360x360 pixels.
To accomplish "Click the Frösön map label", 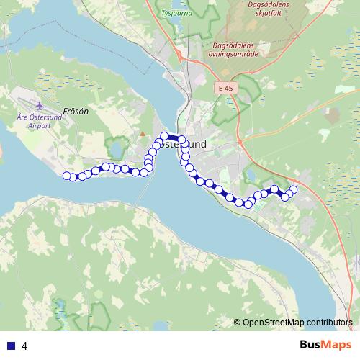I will (x=75, y=112).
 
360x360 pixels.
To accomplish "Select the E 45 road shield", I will (x=225, y=88).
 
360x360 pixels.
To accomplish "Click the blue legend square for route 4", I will (x=10, y=346).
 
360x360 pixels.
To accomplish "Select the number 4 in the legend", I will (x=24, y=346).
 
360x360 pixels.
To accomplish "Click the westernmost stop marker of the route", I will (x=66, y=175).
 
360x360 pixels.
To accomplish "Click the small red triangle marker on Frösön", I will (x=143, y=134).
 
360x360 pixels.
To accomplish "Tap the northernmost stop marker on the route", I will (x=164, y=135).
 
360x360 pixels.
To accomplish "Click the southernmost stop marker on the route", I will (x=248, y=204).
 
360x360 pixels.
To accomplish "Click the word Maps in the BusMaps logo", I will (x=337, y=345).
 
